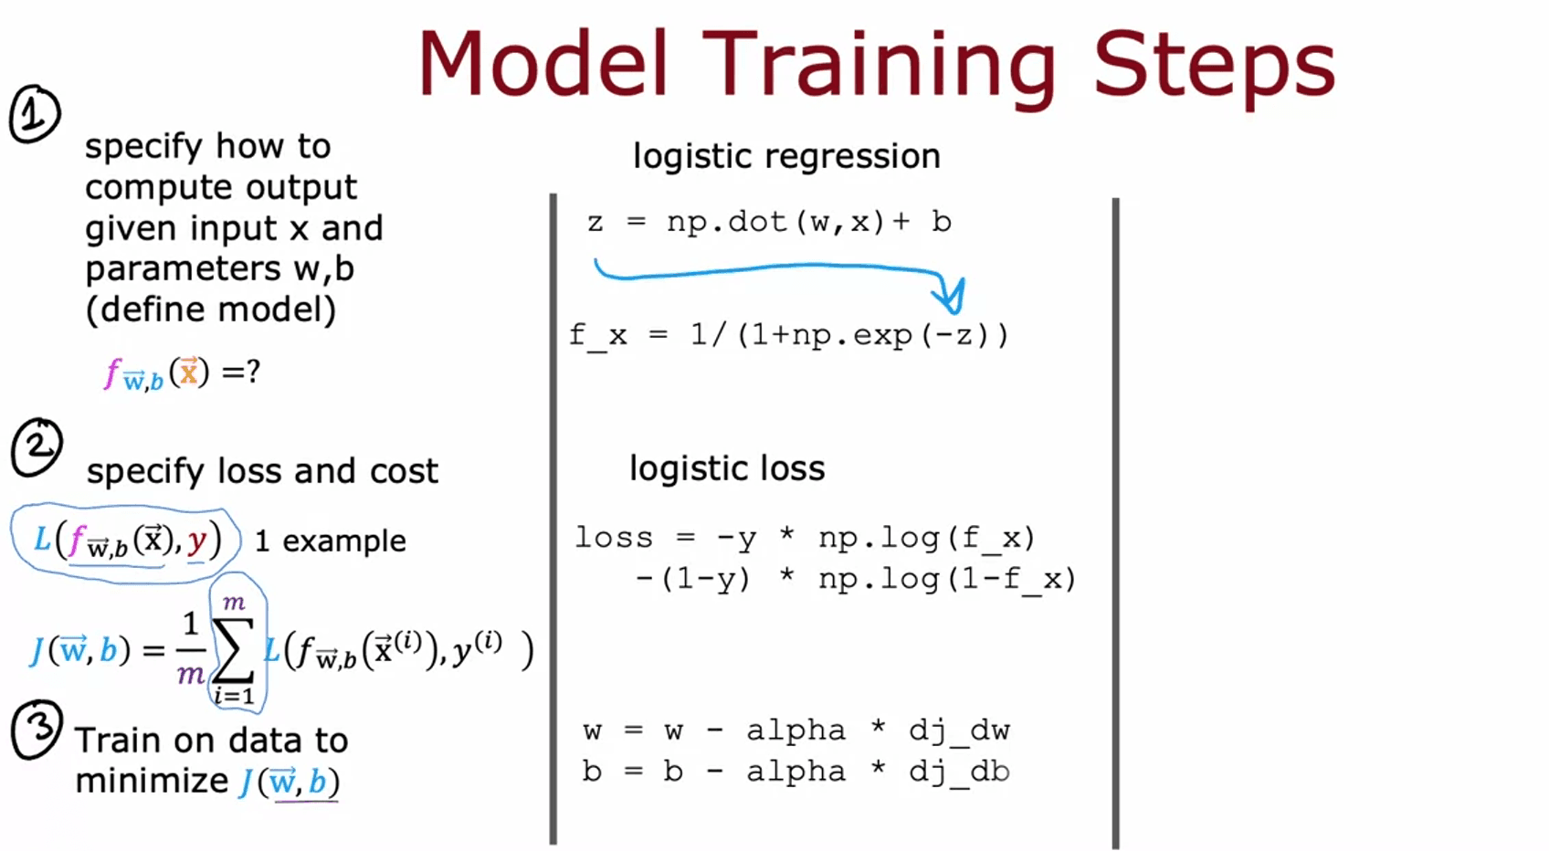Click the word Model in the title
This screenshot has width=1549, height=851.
coord(543,63)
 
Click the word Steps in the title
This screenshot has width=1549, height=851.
coord(1215,68)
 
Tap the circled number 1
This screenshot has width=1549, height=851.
coord(35,114)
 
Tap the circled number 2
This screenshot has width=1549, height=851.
coord(37,447)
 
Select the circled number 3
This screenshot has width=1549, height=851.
coord(37,730)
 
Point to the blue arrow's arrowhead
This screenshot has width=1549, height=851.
coord(951,296)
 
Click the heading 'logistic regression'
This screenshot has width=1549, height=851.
coord(787,156)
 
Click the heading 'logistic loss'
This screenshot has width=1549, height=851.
coord(728,468)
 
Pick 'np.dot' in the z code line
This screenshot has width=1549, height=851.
coord(727,222)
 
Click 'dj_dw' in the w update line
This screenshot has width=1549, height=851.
coord(959,730)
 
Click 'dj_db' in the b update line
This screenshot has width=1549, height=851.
coord(959,771)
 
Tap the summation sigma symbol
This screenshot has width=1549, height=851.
coord(233,651)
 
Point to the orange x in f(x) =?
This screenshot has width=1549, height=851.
coord(189,373)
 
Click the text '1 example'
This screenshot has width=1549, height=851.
coord(331,541)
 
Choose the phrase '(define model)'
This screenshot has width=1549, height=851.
coord(211,309)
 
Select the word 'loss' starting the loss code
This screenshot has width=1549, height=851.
coord(614,537)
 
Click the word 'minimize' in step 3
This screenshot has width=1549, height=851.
coord(152,782)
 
